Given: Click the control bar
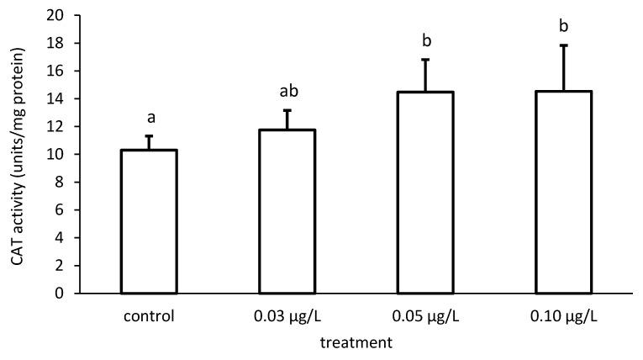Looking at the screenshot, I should [150, 222].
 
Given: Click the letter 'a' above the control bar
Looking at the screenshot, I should [150, 119].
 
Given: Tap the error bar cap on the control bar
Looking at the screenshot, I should [150, 136].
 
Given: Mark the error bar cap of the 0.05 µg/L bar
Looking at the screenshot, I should [426, 60].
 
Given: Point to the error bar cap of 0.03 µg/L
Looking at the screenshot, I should [287, 110].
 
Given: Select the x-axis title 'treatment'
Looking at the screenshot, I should [356, 342].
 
